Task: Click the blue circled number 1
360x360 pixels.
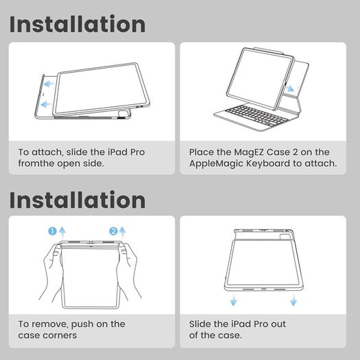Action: click(x=52, y=231)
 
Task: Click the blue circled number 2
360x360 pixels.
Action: click(x=113, y=231)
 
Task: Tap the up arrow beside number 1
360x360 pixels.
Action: click(x=62, y=232)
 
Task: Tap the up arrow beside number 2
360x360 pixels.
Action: click(x=123, y=232)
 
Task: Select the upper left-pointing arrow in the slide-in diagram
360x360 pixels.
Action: click(x=49, y=84)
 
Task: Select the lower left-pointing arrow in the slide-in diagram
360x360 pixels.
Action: click(x=46, y=104)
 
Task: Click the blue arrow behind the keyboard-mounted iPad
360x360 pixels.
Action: click(x=290, y=88)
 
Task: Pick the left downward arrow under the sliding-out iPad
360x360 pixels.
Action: click(x=234, y=300)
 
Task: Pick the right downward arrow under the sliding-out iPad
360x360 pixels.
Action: click(x=293, y=300)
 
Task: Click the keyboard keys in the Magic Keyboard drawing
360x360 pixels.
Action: click(x=256, y=115)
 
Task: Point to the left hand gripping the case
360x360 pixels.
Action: click(x=51, y=273)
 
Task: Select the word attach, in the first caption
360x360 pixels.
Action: click(x=47, y=152)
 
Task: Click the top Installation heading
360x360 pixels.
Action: click(x=77, y=24)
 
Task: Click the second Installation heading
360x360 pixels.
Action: click(x=77, y=200)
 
